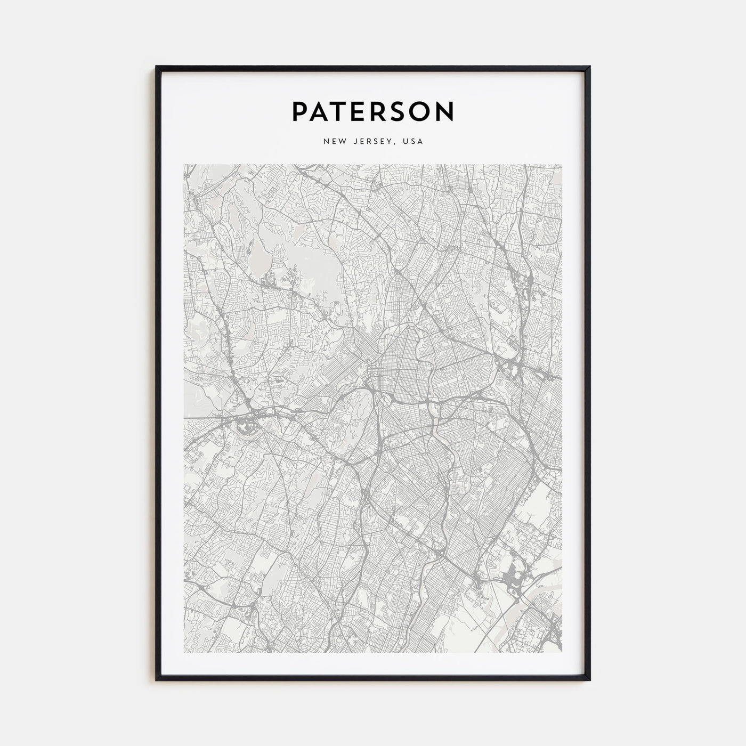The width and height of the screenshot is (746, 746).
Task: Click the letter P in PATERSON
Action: (x=299, y=111)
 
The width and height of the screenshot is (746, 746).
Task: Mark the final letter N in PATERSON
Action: (x=445, y=111)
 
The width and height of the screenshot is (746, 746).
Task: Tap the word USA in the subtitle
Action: (x=413, y=142)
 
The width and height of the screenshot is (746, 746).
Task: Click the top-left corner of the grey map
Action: (x=184, y=165)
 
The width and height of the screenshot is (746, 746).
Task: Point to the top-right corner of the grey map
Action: (x=562, y=165)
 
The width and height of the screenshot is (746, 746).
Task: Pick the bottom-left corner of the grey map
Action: (x=184, y=652)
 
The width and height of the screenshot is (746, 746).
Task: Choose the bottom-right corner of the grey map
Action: (x=562, y=652)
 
